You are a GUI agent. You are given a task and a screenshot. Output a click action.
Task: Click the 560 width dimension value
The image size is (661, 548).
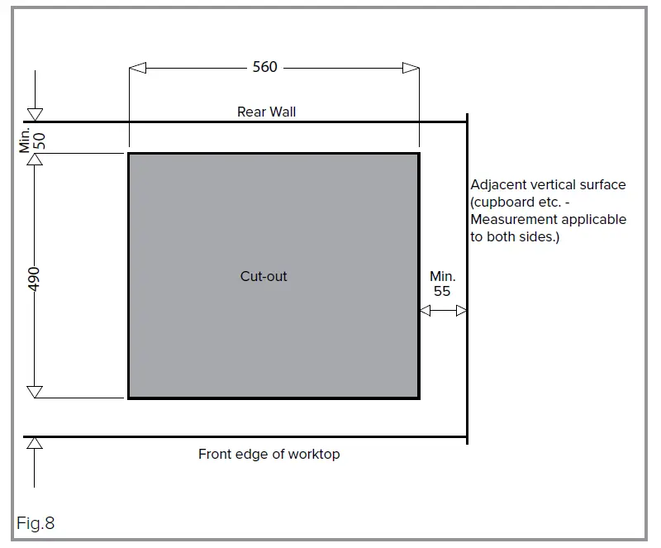pos(264,67)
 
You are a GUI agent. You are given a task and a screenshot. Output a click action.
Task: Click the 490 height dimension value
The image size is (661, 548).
pos(34,278)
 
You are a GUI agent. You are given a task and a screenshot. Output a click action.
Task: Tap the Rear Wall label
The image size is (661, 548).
pos(266,112)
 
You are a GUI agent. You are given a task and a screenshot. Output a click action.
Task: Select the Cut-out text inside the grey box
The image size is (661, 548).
pos(264,276)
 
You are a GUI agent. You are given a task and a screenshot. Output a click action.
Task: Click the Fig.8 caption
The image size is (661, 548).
pos(36,523)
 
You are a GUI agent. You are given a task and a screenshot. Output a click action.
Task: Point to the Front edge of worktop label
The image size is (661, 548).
pos(269,454)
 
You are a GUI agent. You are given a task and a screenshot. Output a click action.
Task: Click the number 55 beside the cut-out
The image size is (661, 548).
pos(442,291)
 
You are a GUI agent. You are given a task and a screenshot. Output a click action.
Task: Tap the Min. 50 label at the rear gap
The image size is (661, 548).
pos(32,139)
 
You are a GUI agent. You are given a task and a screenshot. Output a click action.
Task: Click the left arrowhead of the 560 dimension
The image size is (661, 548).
pos(138,68)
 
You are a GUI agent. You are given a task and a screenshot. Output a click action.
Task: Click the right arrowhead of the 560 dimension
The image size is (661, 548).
pos(411,68)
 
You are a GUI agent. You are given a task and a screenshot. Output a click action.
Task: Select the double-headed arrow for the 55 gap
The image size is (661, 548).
pos(444,311)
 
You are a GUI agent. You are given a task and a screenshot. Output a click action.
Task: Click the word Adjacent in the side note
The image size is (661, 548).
pos(500,185)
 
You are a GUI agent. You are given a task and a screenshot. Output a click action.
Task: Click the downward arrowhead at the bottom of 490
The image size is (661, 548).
pos(35,391)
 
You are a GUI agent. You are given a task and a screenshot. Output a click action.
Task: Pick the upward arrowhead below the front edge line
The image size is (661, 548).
pos(35,444)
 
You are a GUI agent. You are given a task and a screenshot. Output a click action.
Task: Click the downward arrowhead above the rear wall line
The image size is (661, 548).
pos(35,115)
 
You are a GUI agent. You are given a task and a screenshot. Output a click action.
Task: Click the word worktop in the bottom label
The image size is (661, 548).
pos(315,454)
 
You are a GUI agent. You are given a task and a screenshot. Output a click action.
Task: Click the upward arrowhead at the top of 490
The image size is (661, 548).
pos(35,160)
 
